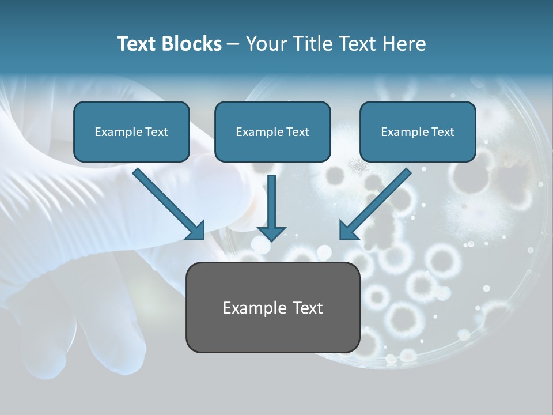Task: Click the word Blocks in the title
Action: click(192, 44)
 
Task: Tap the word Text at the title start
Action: click(137, 44)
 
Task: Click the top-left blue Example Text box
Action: click(131, 132)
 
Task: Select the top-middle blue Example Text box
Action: click(272, 132)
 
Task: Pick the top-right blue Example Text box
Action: click(418, 132)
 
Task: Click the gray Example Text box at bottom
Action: click(272, 307)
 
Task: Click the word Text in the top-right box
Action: click(443, 132)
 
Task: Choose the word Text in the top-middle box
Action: click(298, 132)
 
